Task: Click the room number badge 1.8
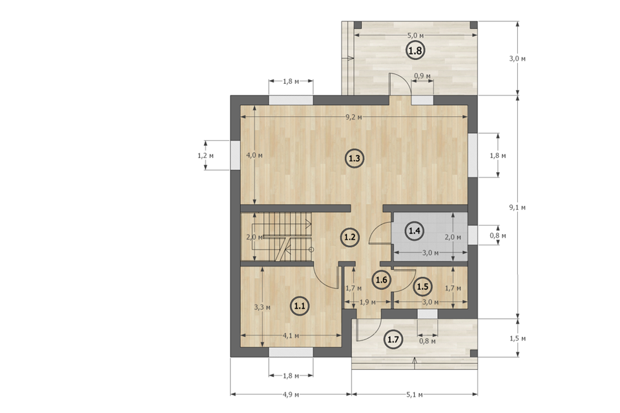click(x=415, y=50)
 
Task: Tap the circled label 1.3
click(x=354, y=159)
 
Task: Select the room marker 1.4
click(x=415, y=230)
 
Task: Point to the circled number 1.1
click(x=300, y=306)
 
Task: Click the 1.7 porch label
click(x=394, y=339)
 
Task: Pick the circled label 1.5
click(x=422, y=287)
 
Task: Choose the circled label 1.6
click(x=382, y=280)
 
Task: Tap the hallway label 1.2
click(x=349, y=237)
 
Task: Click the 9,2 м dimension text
click(x=353, y=117)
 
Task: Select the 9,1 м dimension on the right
click(x=517, y=207)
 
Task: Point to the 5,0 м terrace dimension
click(x=415, y=35)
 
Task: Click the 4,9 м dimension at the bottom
click(x=291, y=394)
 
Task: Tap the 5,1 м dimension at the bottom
click(x=415, y=394)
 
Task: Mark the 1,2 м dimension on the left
click(x=205, y=156)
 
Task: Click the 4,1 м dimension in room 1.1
click(x=291, y=336)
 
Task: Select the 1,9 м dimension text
click(x=367, y=303)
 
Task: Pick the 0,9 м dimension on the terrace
click(x=422, y=76)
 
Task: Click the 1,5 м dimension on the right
click(x=517, y=339)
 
